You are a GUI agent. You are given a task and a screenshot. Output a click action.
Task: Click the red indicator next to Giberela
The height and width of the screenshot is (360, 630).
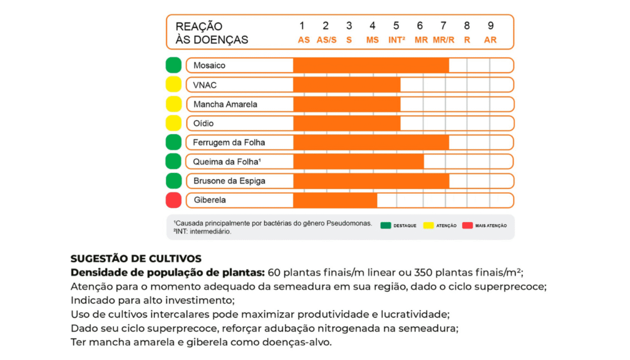(x=173, y=201)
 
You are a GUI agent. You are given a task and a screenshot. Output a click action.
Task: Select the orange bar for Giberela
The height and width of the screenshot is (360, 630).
(x=335, y=201)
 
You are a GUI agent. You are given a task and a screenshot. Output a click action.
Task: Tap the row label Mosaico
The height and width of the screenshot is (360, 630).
(x=209, y=65)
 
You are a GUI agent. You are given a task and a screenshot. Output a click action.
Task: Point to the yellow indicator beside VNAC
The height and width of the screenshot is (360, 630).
(x=173, y=85)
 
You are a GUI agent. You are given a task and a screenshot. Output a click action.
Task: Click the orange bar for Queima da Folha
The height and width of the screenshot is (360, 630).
(x=358, y=162)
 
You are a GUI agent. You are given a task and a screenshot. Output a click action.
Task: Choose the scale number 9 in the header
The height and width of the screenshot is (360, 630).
(x=490, y=26)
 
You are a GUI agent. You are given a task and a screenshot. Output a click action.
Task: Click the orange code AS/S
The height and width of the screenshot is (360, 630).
(x=326, y=39)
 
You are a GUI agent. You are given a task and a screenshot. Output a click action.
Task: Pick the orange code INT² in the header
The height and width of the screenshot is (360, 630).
(x=396, y=39)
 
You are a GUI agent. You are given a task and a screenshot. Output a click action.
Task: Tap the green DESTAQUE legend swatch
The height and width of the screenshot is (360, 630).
(x=386, y=226)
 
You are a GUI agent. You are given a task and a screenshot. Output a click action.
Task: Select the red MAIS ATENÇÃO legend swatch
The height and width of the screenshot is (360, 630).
(x=468, y=226)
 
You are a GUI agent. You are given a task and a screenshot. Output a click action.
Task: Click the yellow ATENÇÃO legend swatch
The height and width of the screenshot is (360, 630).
(x=428, y=226)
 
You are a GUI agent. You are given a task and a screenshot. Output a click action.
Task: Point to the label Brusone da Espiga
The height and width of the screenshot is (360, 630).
(x=225, y=181)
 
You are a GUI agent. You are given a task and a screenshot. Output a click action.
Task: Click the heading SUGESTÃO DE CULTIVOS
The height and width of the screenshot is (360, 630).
(x=136, y=259)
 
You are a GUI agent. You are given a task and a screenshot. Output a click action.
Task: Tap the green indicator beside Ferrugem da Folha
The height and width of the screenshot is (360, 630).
(x=173, y=142)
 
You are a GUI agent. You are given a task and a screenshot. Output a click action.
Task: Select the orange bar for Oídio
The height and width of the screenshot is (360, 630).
(x=346, y=123)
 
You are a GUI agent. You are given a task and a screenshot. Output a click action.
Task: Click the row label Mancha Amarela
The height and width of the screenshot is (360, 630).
(x=225, y=104)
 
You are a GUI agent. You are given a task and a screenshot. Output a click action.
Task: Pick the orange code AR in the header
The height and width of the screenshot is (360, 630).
(x=490, y=39)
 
